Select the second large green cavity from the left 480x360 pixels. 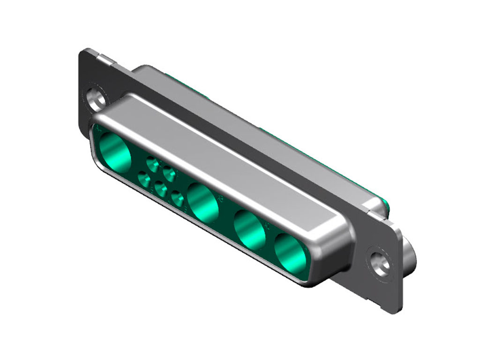coord(203,202)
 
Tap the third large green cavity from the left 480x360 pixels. coord(250,229)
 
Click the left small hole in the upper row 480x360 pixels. coord(153,164)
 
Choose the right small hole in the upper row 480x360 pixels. coord(169,174)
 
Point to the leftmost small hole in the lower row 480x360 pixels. coord(144,180)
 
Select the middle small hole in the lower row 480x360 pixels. coord(161,189)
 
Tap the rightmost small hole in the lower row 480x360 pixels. coord(178,199)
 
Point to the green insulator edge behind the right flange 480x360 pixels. coord(385,204)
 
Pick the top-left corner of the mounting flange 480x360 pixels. coord(83,50)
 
